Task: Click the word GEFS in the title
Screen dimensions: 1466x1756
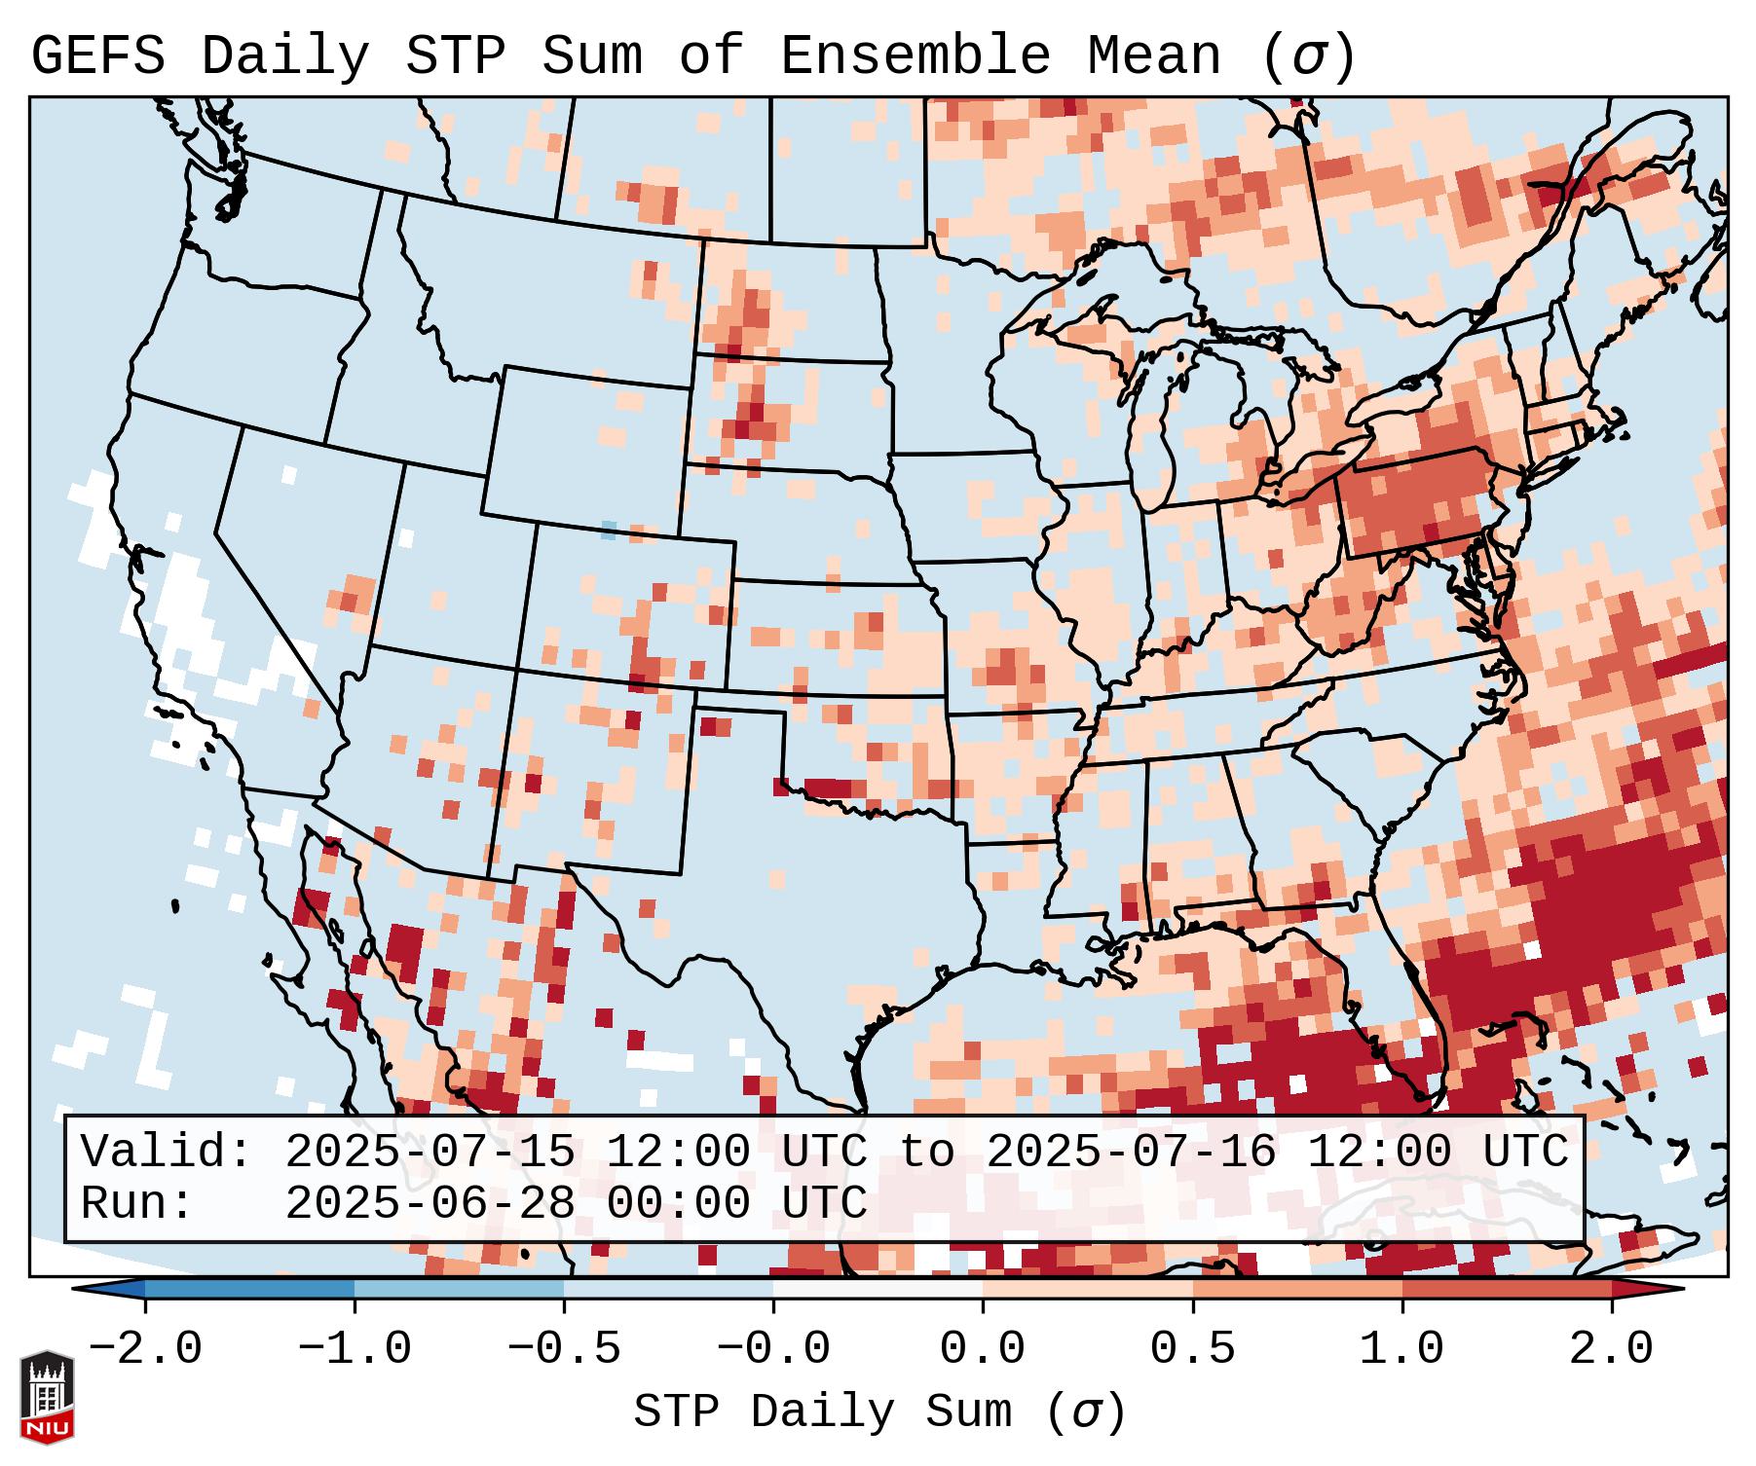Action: click(98, 56)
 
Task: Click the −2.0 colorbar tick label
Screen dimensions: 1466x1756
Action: click(145, 1349)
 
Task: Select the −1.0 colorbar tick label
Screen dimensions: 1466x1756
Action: click(355, 1349)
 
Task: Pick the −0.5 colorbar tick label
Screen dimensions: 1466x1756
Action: click(564, 1349)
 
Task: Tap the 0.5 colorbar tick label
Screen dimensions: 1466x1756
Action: click(1192, 1349)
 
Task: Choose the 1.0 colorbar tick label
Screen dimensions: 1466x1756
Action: click(1401, 1349)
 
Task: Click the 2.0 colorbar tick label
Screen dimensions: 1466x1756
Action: click(1611, 1349)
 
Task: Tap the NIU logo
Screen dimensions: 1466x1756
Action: click(47, 1397)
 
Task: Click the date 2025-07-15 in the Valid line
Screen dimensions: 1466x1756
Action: click(430, 1153)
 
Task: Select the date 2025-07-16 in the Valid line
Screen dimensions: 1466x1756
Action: click(1131, 1153)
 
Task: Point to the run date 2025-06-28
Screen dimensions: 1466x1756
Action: click(430, 1204)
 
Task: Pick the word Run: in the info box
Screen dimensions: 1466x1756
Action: click(136, 1204)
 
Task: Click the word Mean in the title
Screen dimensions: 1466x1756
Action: click(1153, 56)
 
